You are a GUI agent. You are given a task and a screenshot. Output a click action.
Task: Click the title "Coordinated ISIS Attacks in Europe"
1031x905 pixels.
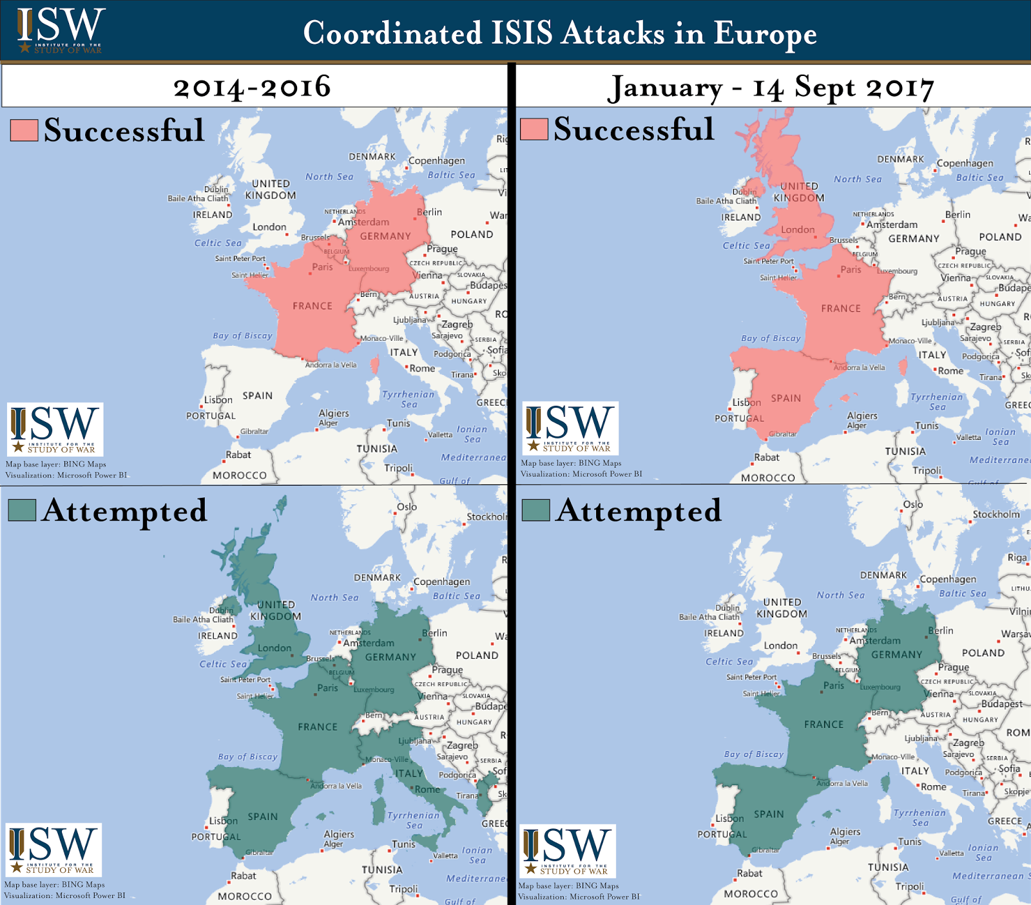[559, 33]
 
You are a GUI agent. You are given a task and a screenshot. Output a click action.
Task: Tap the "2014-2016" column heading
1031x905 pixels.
[252, 87]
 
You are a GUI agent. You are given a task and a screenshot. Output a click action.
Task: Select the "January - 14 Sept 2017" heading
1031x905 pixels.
[771, 88]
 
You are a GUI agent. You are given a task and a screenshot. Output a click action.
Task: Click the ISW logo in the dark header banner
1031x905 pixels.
[61, 30]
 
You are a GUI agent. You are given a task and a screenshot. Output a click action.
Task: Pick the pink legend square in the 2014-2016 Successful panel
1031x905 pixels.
[24, 130]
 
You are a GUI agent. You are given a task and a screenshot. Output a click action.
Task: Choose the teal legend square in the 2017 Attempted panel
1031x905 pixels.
[535, 510]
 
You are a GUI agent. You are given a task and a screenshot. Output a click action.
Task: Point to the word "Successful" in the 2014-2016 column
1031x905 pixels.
[124, 130]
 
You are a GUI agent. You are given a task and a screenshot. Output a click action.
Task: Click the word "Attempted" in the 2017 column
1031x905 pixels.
[639, 511]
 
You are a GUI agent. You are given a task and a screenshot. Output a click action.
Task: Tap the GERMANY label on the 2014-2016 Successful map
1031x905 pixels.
[385, 236]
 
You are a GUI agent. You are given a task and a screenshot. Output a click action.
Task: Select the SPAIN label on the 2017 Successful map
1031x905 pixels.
[786, 398]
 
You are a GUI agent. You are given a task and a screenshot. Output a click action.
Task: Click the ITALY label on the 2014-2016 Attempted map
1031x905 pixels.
[409, 774]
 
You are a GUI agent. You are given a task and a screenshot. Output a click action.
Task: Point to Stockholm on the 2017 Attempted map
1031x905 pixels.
[996, 514]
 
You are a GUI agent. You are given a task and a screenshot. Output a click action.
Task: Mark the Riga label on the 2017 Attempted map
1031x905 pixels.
[1017, 558]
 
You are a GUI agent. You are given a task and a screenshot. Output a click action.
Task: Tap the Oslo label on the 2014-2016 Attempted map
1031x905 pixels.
[407, 507]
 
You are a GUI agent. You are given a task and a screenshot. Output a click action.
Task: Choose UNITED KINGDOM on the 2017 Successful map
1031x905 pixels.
[799, 192]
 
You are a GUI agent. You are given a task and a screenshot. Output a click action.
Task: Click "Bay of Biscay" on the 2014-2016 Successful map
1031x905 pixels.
[243, 336]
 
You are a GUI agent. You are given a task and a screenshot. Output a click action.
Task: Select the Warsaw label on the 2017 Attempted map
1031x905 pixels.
[1016, 634]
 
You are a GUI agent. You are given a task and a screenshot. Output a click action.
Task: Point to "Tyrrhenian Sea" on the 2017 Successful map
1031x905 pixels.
[937, 402]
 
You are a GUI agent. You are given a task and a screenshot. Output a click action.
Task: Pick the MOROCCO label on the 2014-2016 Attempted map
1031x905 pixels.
[245, 896]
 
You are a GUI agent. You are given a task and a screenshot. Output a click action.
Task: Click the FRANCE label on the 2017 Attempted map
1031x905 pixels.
[824, 725]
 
